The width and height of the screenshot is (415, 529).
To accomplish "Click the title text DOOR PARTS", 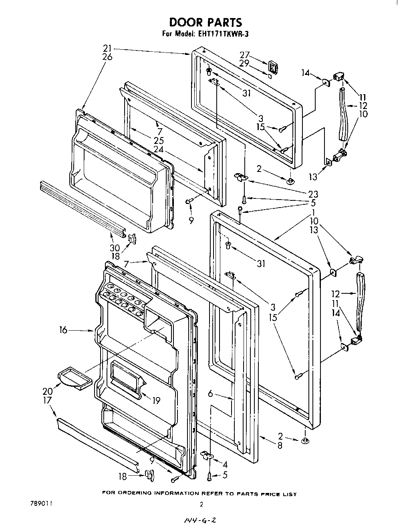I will (x=205, y=22).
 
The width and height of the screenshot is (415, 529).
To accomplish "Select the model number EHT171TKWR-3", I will (x=222, y=34).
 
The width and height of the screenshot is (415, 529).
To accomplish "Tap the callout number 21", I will (x=107, y=48).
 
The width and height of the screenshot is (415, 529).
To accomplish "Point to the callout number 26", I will (x=107, y=57).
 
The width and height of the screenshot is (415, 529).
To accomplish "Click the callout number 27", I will (x=244, y=55).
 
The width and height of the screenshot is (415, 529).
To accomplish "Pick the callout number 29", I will (x=244, y=63).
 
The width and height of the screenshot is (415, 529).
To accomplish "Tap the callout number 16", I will (x=64, y=330).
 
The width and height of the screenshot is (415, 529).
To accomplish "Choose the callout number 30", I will (x=115, y=248).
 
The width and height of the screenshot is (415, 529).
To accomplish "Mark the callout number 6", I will (x=211, y=394).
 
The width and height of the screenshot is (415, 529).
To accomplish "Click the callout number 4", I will (x=225, y=464).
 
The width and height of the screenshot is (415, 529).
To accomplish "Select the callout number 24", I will (x=159, y=149).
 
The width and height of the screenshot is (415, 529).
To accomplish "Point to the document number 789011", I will (x=40, y=503).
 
